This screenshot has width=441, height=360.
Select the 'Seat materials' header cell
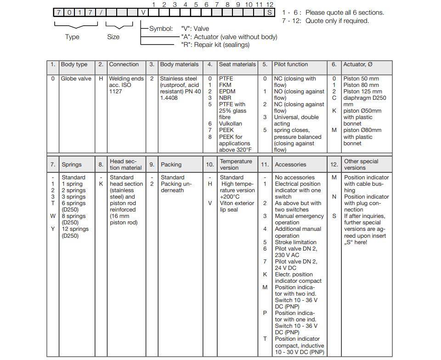pos(237,64)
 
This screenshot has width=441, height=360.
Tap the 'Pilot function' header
pos(291,64)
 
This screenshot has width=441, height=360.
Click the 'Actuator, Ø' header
pos(357,64)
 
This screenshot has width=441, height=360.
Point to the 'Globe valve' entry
pos(76,79)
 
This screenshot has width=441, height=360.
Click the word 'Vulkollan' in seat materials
pos(230,124)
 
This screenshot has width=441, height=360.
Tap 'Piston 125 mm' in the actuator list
pos(362,91)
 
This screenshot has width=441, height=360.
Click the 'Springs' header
pos(72,165)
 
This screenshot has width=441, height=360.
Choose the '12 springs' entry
pos(75,229)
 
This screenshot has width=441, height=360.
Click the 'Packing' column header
pos(171,165)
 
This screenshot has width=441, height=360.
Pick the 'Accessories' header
pos(290,165)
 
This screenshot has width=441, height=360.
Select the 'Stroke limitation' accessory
pos(295,242)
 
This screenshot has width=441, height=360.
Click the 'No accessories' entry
pos(294,177)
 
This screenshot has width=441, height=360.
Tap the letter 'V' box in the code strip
pos(144,12)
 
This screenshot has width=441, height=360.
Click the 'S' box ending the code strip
pos(270,12)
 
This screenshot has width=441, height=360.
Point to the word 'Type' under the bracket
pos(72,37)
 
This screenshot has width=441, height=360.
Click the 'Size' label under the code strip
pos(113,37)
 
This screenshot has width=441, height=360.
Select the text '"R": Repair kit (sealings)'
pos(215,45)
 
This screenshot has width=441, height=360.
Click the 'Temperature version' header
pos(236,165)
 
